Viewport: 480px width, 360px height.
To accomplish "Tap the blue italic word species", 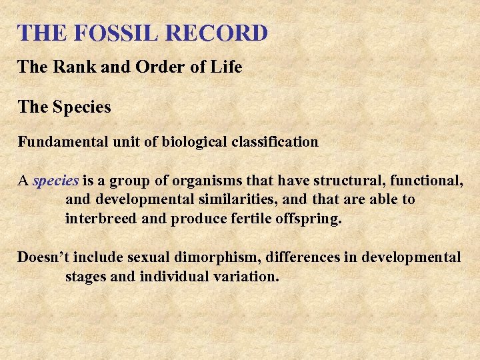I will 56,181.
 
